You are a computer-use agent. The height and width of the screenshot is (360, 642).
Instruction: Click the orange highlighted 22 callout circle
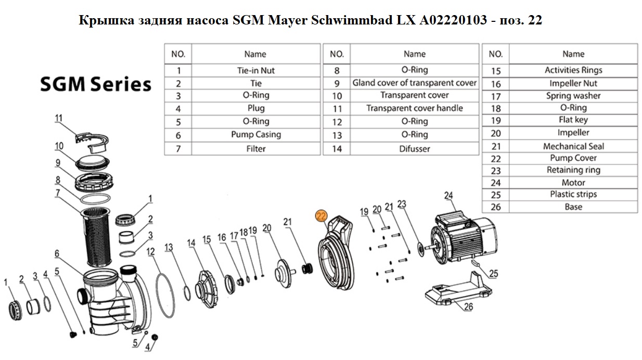[x=321, y=216]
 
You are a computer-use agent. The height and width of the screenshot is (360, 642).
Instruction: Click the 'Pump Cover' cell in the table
[x=573, y=158]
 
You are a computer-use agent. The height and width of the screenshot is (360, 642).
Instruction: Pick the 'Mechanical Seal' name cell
[x=573, y=146]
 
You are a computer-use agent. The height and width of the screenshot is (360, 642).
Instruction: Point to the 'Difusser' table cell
[x=415, y=149]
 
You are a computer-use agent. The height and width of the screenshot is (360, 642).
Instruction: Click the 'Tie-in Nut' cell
[x=255, y=71]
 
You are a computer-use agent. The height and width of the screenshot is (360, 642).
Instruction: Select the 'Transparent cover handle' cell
[x=415, y=108]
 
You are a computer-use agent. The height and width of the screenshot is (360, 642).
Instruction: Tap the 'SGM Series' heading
[x=96, y=84]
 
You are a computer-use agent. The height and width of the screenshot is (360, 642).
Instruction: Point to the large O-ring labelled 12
[x=165, y=295]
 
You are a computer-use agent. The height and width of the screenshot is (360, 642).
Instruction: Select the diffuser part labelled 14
[x=207, y=288]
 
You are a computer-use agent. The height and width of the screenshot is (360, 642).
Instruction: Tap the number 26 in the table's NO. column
[x=495, y=207]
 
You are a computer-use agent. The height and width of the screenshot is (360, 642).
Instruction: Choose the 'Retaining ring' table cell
[x=573, y=170]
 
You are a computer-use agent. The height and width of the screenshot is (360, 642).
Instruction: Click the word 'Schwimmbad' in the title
[x=352, y=20]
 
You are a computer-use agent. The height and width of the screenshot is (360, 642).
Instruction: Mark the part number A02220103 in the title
[x=453, y=20]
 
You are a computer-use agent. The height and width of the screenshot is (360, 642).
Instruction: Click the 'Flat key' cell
[x=573, y=120]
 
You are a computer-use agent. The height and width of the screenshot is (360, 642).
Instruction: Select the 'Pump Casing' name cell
[x=256, y=135]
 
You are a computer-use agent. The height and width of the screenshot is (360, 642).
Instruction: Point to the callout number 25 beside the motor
[x=493, y=274]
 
